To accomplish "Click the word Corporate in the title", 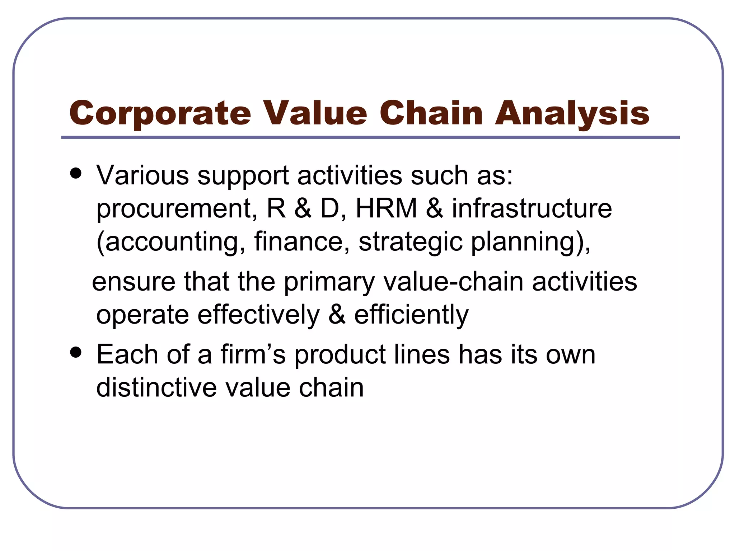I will tap(160, 113).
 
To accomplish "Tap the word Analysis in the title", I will tap(572, 113).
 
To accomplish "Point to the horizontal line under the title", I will tap(370, 137).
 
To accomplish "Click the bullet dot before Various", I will tap(76, 174).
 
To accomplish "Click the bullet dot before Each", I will tap(76, 353).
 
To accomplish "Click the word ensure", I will tap(134, 282).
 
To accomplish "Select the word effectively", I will tap(258, 315).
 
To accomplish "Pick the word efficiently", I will tap(411, 315).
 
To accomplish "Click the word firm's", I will tap(253, 354).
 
